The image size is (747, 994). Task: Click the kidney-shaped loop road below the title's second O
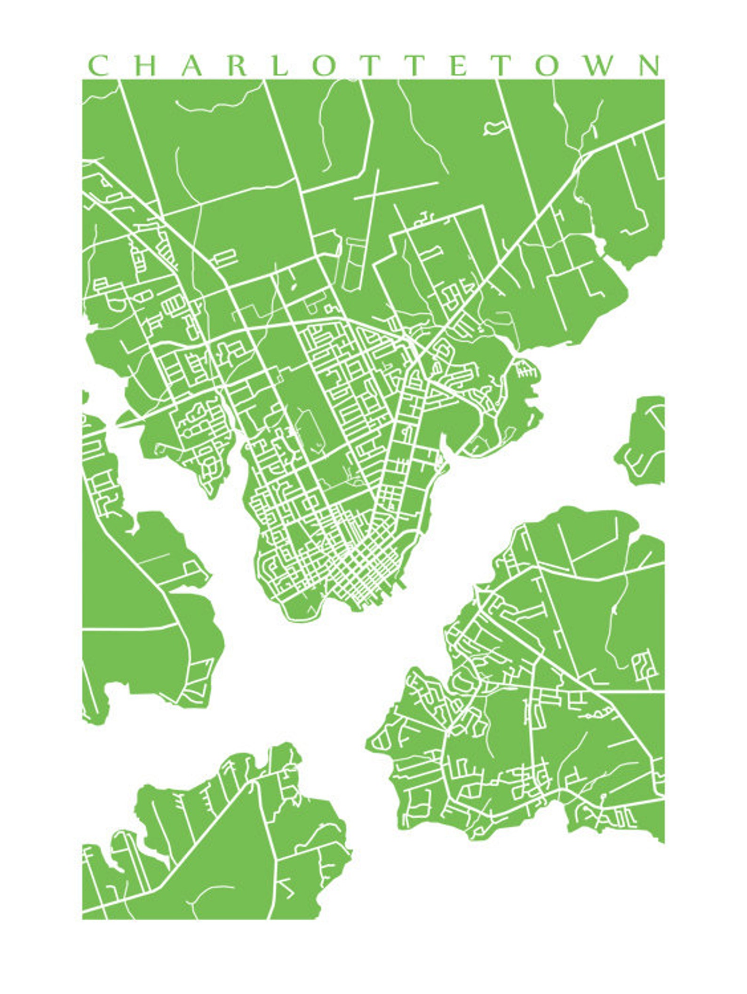[494, 127]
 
